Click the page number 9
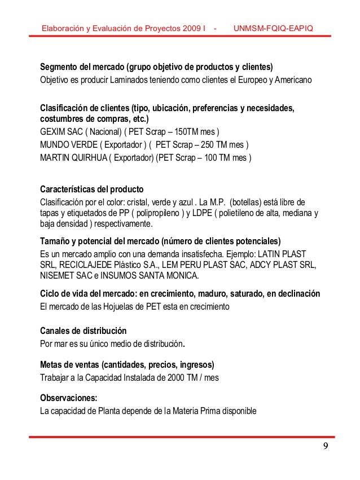[327, 448]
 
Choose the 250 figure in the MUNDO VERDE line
[208, 144]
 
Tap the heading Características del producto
[92, 189]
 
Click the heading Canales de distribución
[83, 331]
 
